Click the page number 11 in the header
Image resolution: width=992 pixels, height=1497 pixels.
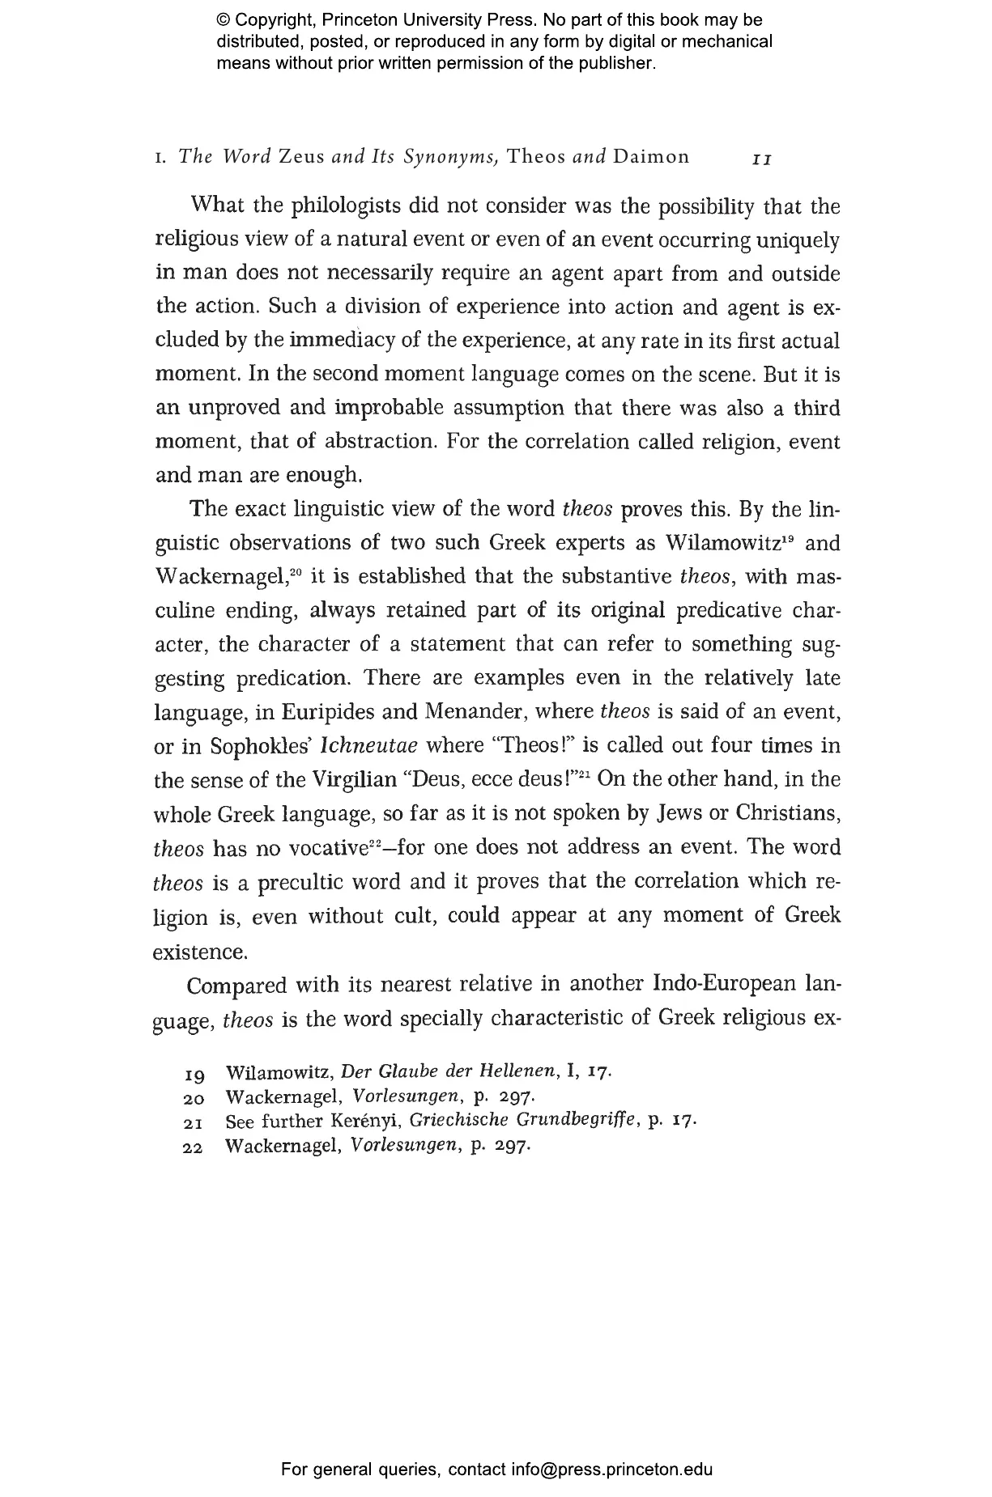pyautogui.click(x=761, y=159)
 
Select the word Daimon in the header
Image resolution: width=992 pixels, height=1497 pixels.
pyautogui.click(x=651, y=156)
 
